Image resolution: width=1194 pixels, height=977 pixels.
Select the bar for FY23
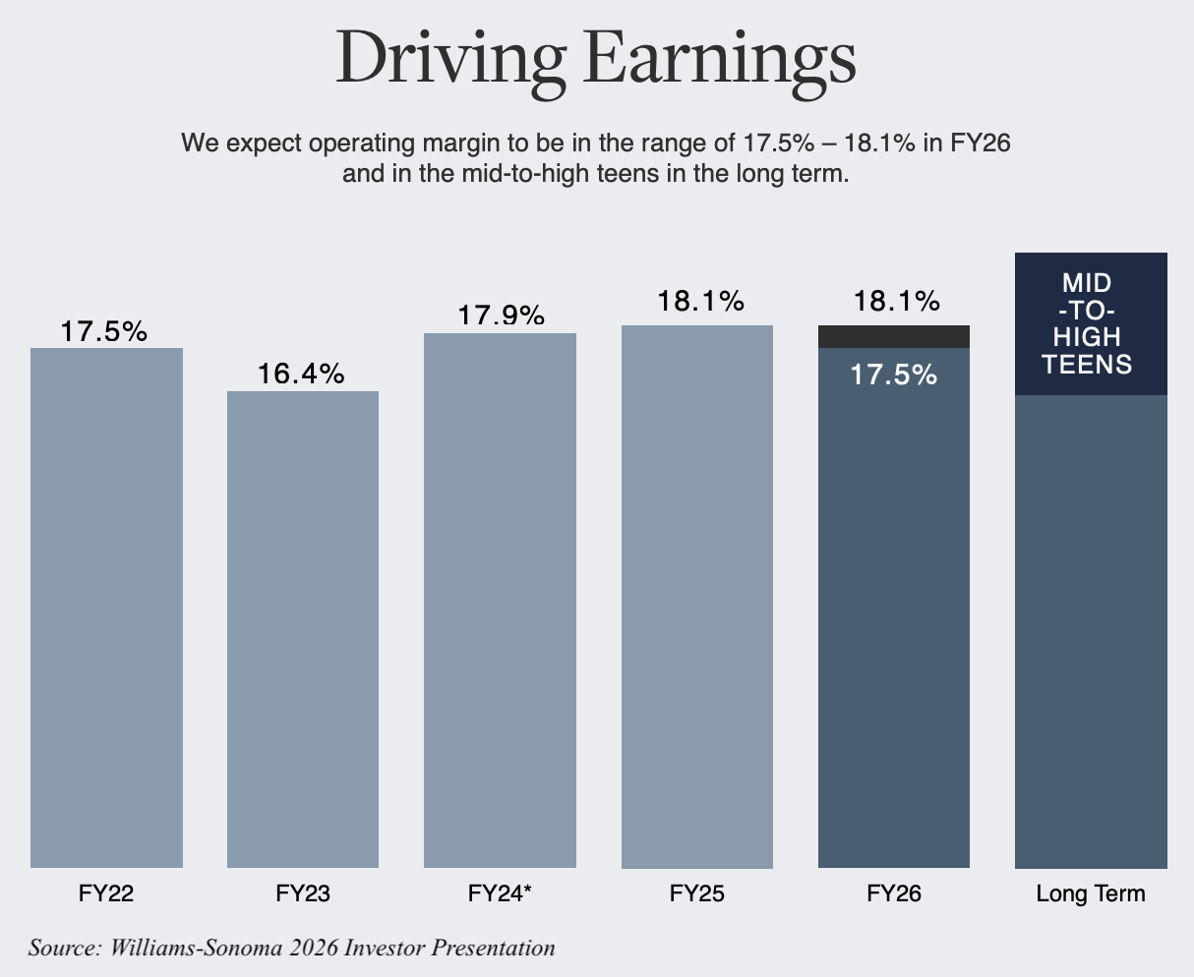[x=303, y=629]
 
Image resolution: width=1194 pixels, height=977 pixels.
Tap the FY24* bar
[x=500, y=600]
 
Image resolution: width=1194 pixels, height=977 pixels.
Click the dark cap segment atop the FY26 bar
[x=894, y=336]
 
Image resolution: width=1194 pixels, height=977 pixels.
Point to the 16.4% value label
[x=301, y=374]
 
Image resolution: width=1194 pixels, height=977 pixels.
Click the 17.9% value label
[x=500, y=316]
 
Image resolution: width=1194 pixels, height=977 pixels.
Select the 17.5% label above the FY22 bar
[x=104, y=331]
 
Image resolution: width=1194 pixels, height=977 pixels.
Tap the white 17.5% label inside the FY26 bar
[x=893, y=374]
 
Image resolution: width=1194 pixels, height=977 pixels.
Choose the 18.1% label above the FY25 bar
[x=700, y=301]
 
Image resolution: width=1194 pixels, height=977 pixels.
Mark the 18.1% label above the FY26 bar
[x=896, y=301]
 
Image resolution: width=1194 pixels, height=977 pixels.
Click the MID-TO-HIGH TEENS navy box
[x=1091, y=324]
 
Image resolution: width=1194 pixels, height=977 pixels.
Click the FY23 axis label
[x=303, y=894]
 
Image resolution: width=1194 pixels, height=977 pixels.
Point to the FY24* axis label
[x=500, y=894]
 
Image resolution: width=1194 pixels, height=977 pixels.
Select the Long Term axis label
[x=1091, y=894]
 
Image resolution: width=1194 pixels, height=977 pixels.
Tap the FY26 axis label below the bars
[x=894, y=894]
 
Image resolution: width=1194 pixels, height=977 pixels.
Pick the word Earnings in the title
[x=718, y=59]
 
